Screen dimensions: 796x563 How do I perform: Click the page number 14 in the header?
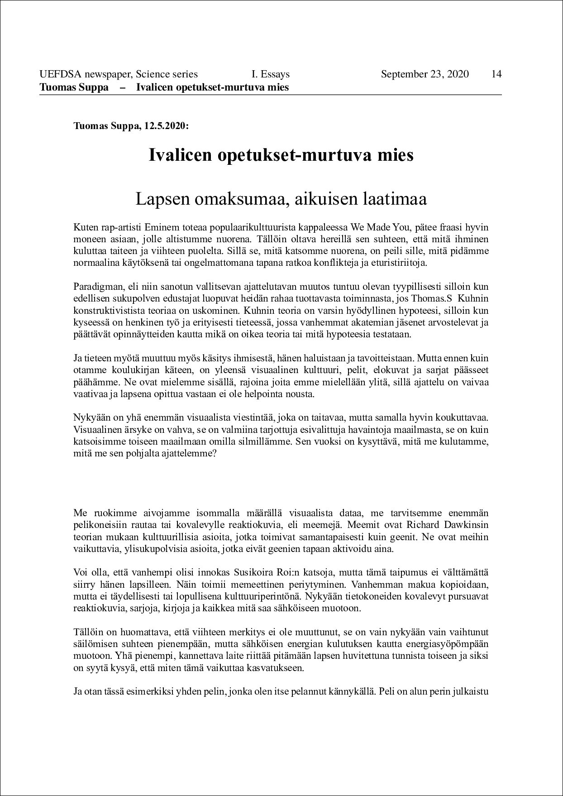click(x=496, y=74)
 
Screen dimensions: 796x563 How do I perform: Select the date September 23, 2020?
click(x=425, y=74)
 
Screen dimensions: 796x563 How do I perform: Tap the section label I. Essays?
click(x=271, y=74)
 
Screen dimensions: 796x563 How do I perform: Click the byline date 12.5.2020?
click(x=165, y=126)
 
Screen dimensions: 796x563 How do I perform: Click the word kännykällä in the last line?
click(x=353, y=691)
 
